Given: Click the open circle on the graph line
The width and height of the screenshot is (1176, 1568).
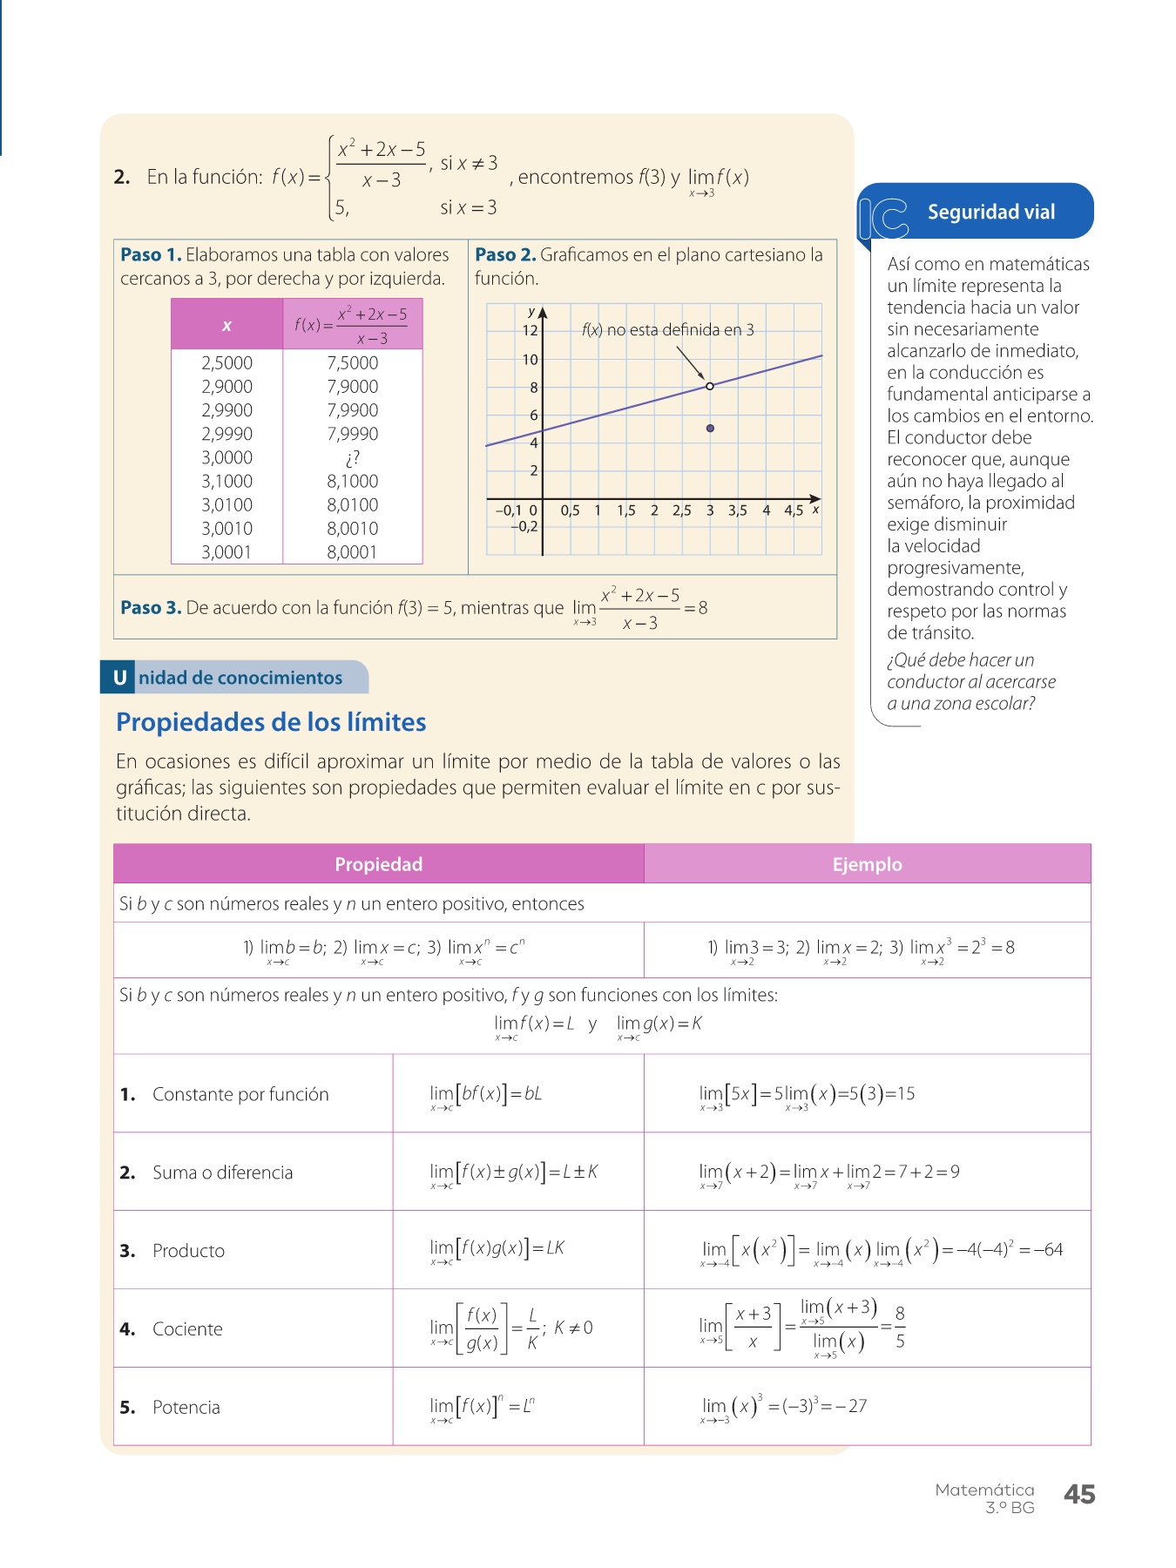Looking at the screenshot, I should click(710, 386).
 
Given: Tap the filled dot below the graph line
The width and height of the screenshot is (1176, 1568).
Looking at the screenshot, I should click(711, 429).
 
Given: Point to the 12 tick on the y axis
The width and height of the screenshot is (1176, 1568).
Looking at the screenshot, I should click(531, 330).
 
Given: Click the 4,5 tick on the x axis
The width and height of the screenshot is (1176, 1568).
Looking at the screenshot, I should click(794, 510).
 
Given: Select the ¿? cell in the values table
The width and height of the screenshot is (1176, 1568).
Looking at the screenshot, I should click(353, 457).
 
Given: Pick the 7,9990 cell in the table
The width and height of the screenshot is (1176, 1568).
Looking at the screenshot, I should click(353, 434).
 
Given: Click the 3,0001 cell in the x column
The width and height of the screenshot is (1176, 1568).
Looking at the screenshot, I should click(226, 552).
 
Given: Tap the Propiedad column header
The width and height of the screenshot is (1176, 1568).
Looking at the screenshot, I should click(379, 864).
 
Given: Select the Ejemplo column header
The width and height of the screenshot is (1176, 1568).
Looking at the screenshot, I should click(867, 864).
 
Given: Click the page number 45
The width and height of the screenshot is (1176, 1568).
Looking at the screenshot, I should click(1079, 1495).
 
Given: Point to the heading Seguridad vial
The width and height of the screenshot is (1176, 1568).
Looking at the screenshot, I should click(991, 212).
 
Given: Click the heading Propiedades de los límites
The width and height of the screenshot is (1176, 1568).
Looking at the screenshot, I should click(271, 722).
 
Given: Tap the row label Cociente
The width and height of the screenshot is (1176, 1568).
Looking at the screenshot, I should click(187, 1329).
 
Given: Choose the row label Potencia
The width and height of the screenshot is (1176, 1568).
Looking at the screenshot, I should click(186, 1408).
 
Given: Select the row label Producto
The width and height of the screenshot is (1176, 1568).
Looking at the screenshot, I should click(188, 1251).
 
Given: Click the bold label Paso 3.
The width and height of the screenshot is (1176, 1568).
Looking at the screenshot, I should click(151, 608).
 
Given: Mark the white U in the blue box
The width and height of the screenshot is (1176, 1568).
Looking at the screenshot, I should click(119, 678).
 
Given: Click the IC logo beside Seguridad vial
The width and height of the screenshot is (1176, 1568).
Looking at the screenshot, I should click(883, 218).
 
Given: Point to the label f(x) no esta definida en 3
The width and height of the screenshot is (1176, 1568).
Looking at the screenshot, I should click(668, 330).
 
